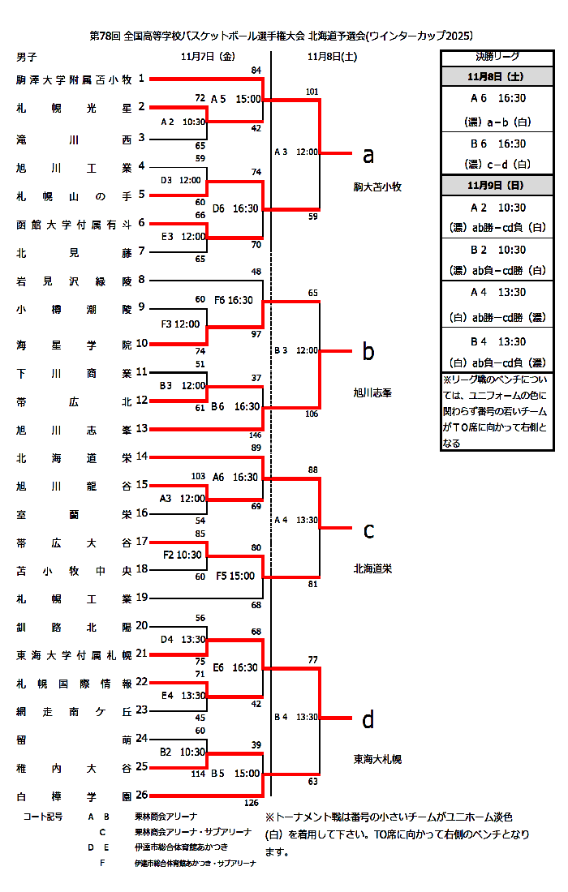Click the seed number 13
click(141, 428)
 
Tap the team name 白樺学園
click(74, 796)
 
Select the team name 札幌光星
click(74, 108)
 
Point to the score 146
click(254, 435)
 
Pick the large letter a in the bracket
click(368, 155)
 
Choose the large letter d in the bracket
click(368, 719)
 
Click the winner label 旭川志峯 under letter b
click(372, 392)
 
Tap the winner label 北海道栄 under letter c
click(372, 568)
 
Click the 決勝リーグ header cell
click(497, 57)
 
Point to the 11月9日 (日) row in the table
click(497, 185)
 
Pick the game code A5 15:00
click(235, 99)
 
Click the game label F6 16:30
click(234, 300)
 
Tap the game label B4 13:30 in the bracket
click(296, 717)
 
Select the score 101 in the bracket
click(312, 92)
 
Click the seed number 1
click(141, 79)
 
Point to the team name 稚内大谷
click(74, 767)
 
